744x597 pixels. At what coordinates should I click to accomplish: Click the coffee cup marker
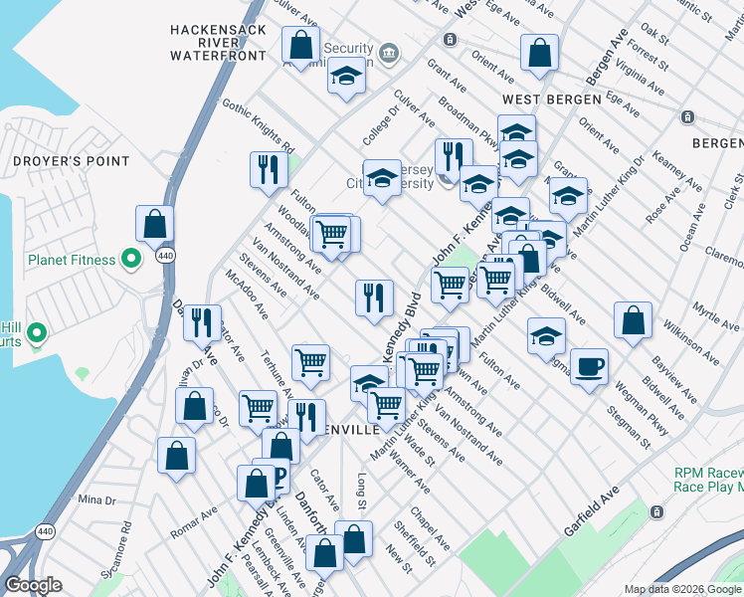tap(589, 367)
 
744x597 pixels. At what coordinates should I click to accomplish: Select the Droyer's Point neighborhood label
tap(71, 160)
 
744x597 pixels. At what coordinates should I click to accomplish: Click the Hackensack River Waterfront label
tap(218, 43)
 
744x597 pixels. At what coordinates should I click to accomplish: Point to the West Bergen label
tap(552, 99)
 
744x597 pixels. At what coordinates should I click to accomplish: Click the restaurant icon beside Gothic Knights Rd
tap(267, 170)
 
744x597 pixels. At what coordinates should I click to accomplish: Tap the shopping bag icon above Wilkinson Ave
tap(633, 320)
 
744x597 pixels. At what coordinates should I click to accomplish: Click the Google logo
tap(34, 585)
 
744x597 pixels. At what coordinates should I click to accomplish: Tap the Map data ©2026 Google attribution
tap(681, 589)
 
